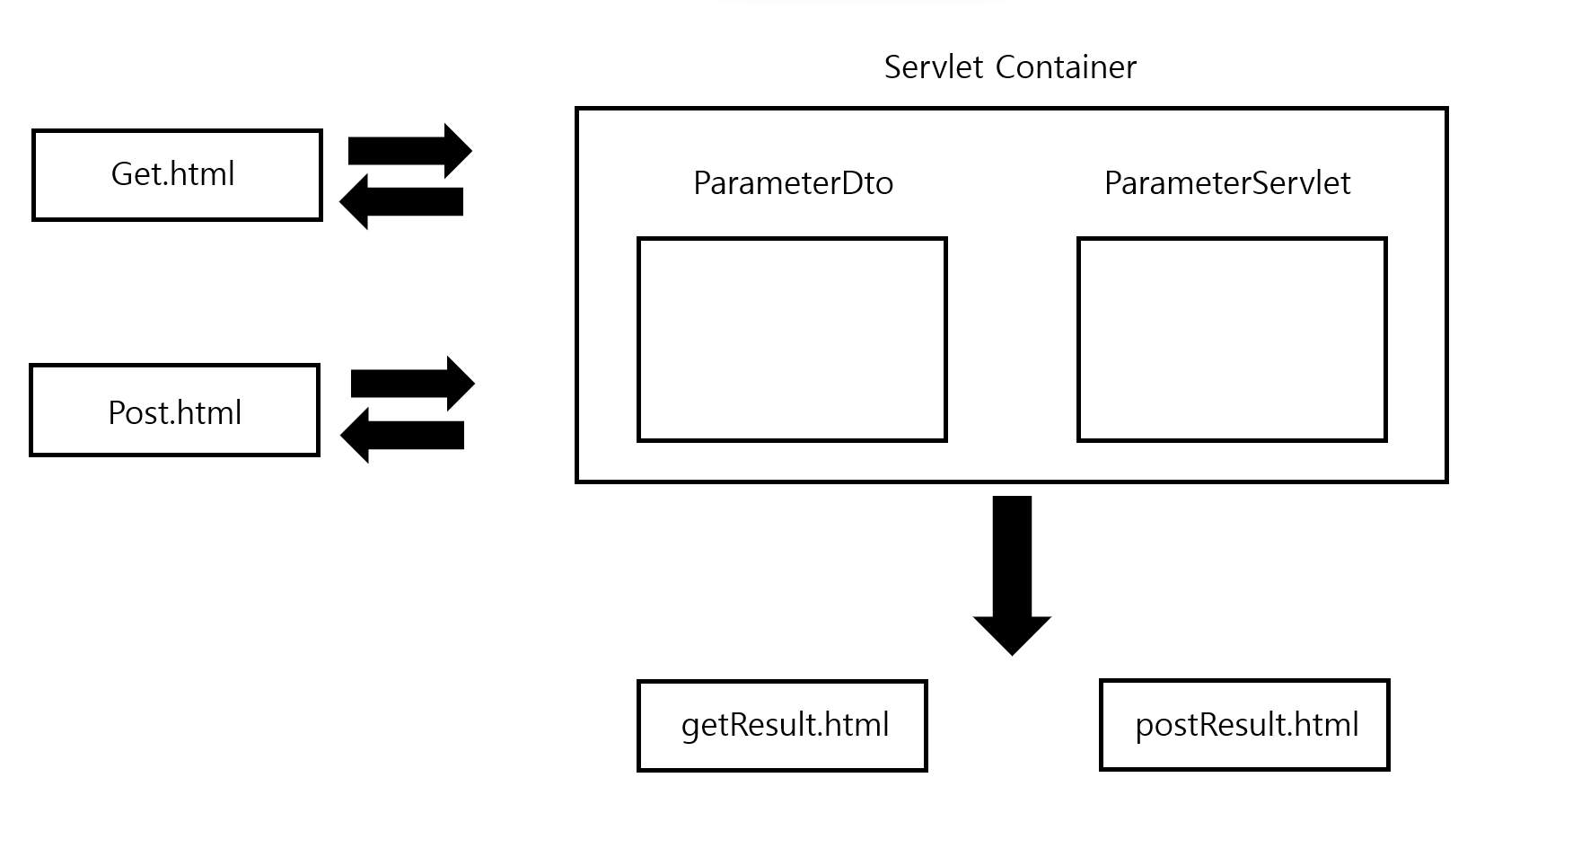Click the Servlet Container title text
pyautogui.click(x=1010, y=67)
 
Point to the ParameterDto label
pyautogui.click(x=793, y=183)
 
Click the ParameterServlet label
pyautogui.click(x=1226, y=183)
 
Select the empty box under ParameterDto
pyautogui.click(x=792, y=340)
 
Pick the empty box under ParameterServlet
pyautogui.click(x=1232, y=340)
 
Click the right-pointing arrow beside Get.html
pyautogui.click(x=409, y=151)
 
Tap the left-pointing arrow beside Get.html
pyautogui.click(x=401, y=201)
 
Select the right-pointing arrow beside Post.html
pyautogui.click(x=412, y=384)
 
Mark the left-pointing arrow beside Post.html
pyautogui.click(x=402, y=435)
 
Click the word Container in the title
pyautogui.click(x=1066, y=67)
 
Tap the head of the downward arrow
pyautogui.click(x=1012, y=634)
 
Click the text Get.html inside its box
pyautogui.click(x=172, y=173)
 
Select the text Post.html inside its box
pyautogui.click(x=174, y=412)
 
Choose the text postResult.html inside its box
pyautogui.click(x=1246, y=724)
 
